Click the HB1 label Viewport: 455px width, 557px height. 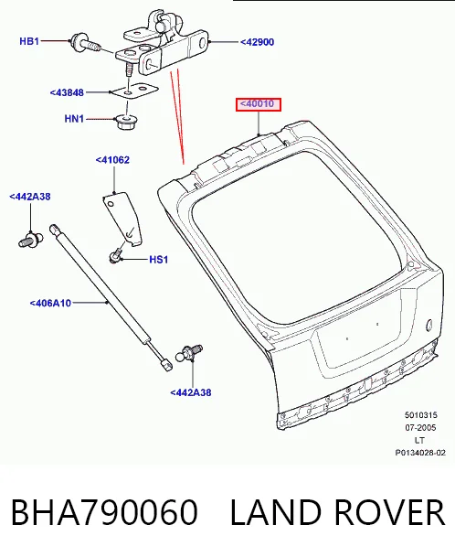(29, 41)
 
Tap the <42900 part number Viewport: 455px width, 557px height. (258, 42)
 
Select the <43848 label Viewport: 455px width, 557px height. (67, 92)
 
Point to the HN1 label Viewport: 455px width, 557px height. (74, 119)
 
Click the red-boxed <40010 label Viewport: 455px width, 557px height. (258, 104)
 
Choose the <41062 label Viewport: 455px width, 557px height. (112, 160)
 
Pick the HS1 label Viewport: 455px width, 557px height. (159, 260)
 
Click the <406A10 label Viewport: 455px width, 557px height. (51, 303)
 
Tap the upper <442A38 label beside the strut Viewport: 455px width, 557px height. (30, 197)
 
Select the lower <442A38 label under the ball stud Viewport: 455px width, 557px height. (191, 392)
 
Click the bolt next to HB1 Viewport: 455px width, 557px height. (86, 43)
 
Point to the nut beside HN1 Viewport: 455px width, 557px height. (127, 122)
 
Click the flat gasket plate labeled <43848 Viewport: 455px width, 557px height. (134, 90)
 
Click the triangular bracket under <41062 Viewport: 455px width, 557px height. (122, 219)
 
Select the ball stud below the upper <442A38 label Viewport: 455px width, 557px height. (30, 240)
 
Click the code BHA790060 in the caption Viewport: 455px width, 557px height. (104, 512)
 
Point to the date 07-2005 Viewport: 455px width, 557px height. (420, 428)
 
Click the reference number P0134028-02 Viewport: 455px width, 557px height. (420, 453)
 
